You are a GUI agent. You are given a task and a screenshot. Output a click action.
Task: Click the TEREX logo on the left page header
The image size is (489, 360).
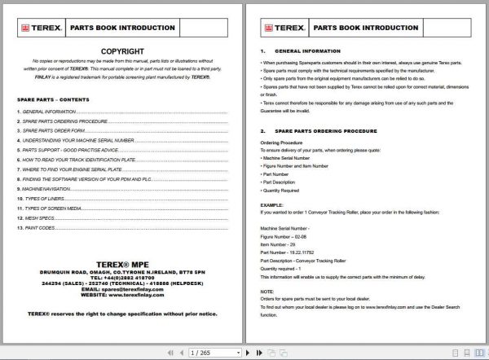(37, 27)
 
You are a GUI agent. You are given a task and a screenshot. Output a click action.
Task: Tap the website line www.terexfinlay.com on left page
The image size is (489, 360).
(122, 296)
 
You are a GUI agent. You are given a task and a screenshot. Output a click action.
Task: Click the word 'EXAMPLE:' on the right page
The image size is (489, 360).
(271, 204)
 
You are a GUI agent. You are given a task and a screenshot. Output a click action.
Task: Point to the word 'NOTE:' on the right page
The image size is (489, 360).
(267, 291)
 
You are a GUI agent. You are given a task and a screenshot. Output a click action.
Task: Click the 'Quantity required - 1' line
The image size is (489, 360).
(282, 266)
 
